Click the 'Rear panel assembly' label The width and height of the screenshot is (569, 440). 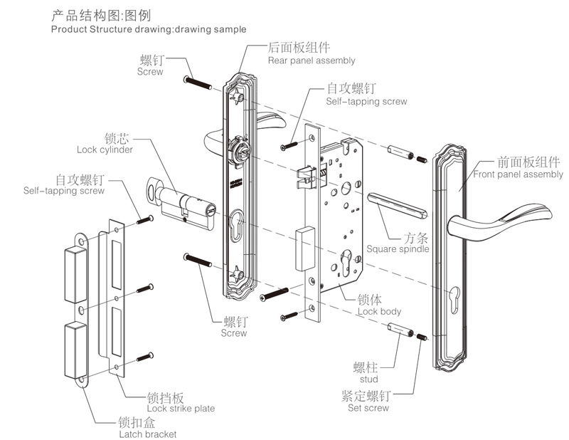coord(312,61)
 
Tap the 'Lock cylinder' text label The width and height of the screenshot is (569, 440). coord(105,150)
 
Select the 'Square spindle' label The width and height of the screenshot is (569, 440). coord(398,249)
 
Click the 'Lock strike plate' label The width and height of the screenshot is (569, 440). coord(181,409)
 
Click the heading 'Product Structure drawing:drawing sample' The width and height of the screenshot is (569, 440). coord(149,29)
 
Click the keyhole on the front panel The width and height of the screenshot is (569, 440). coord(454,293)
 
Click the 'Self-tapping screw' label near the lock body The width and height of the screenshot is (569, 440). coord(366,102)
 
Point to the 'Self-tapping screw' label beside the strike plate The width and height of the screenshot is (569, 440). coord(63,191)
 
